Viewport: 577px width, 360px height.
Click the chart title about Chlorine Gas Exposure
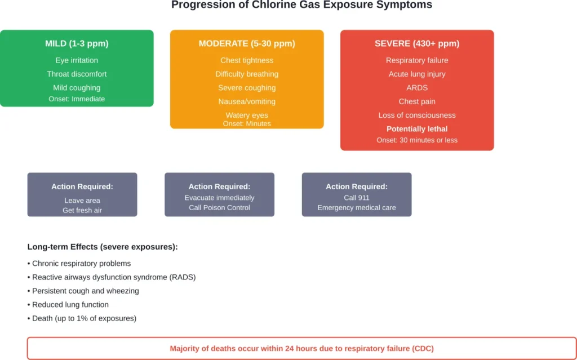coord(301,5)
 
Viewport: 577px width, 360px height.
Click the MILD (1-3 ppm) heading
coord(77,43)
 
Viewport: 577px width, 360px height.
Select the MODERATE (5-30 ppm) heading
coord(247,43)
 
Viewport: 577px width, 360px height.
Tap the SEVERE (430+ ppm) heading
coord(417,43)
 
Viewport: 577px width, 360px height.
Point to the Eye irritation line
coord(77,60)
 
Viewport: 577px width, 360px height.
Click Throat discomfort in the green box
coord(77,74)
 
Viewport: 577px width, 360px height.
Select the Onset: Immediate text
coord(77,99)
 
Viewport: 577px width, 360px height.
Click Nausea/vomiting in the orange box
coord(247,101)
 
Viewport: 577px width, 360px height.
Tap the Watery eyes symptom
coord(247,115)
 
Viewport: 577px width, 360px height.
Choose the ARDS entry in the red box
coord(417,88)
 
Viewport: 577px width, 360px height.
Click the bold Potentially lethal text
coord(417,129)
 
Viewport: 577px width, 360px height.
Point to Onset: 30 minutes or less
coord(417,140)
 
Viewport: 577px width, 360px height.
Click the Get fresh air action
coord(82,210)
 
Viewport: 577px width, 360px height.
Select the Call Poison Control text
coord(219,207)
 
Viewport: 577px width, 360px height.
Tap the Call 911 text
coord(357,198)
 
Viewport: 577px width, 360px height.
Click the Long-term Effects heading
coord(103,247)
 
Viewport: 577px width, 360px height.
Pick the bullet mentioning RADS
coord(113,277)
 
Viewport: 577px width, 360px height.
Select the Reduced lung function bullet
coord(69,304)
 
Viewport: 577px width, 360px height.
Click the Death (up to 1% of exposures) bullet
coord(83,318)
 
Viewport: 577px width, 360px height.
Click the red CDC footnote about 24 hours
coord(301,348)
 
